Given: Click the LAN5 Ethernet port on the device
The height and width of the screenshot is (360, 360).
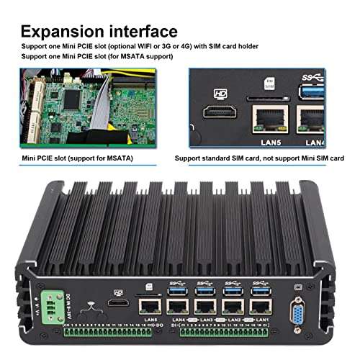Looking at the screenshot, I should (150, 305).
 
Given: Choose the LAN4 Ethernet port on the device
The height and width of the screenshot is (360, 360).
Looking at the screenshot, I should (177, 305).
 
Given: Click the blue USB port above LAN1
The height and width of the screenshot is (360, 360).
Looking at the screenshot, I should (257, 290).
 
